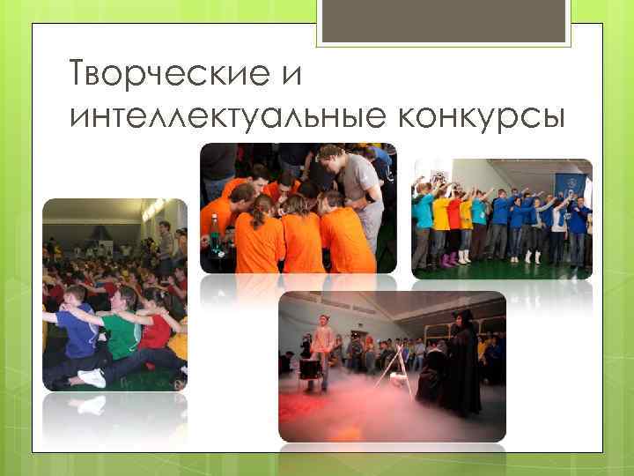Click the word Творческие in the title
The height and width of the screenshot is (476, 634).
tap(159, 74)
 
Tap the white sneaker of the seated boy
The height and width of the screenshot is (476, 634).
tap(92, 377)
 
